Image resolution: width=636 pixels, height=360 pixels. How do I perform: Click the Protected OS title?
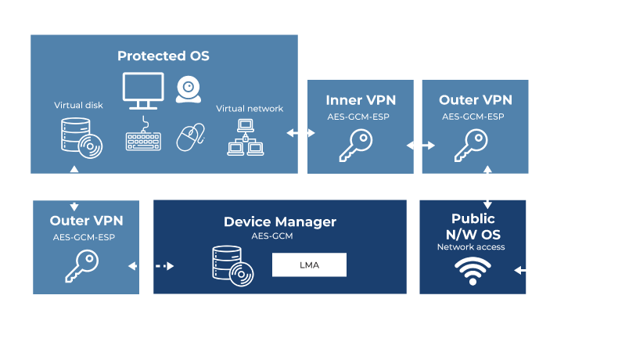(163, 56)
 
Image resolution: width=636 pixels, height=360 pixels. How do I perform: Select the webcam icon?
(189, 89)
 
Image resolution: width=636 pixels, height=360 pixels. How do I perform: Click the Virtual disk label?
(78, 105)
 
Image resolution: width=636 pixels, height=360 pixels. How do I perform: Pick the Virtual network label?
(250, 109)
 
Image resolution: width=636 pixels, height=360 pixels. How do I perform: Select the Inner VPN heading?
(361, 100)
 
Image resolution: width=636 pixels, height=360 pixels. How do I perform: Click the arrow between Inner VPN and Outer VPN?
(420, 146)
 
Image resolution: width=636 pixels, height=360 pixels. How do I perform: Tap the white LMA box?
(309, 265)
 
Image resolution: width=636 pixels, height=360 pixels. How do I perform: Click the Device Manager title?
(280, 222)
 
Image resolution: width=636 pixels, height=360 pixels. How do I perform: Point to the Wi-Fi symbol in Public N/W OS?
(473, 270)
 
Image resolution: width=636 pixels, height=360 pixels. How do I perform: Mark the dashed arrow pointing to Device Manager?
(151, 267)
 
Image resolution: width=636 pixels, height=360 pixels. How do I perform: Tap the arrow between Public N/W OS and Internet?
(528, 270)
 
